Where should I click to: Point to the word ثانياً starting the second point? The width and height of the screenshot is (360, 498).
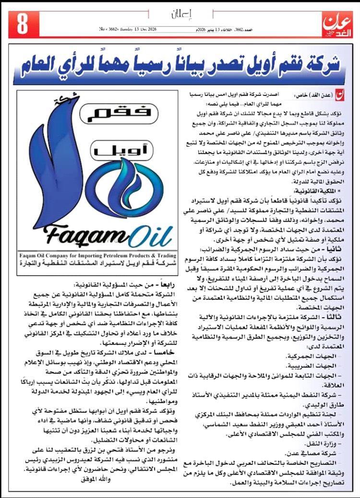pos(334,249)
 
